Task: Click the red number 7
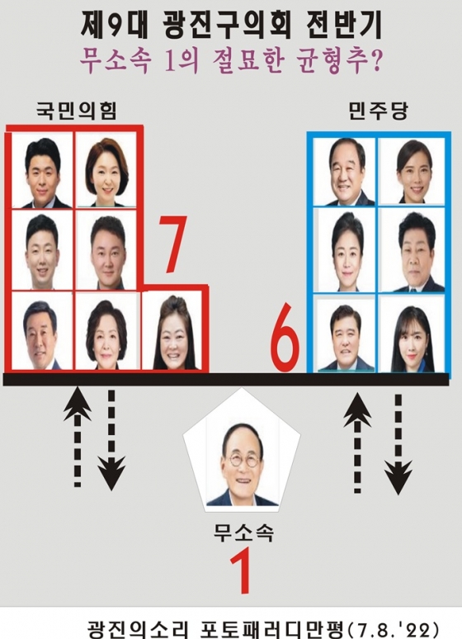pyautogui.click(x=172, y=244)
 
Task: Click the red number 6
pyautogui.click(x=285, y=338)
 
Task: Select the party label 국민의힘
pyautogui.click(x=77, y=110)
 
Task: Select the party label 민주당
pyautogui.click(x=378, y=110)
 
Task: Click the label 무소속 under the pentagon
pyautogui.click(x=243, y=532)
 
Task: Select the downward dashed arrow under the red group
pyautogui.click(x=111, y=440)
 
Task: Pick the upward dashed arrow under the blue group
pyautogui.click(x=357, y=443)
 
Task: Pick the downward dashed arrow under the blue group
pyautogui.click(x=398, y=444)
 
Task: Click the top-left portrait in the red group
pyautogui.click(x=42, y=170)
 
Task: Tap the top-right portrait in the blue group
pyautogui.click(x=412, y=171)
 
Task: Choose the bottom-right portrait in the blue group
pyautogui.click(x=412, y=334)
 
